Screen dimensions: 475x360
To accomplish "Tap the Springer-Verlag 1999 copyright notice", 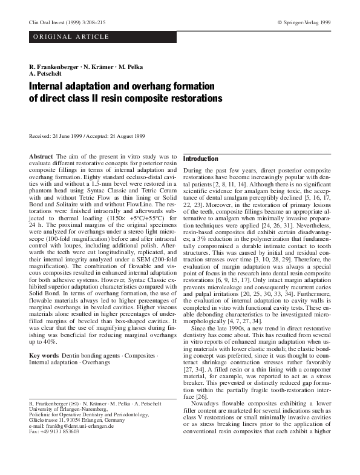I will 304,22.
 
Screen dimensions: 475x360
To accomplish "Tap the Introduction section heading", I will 201,159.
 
